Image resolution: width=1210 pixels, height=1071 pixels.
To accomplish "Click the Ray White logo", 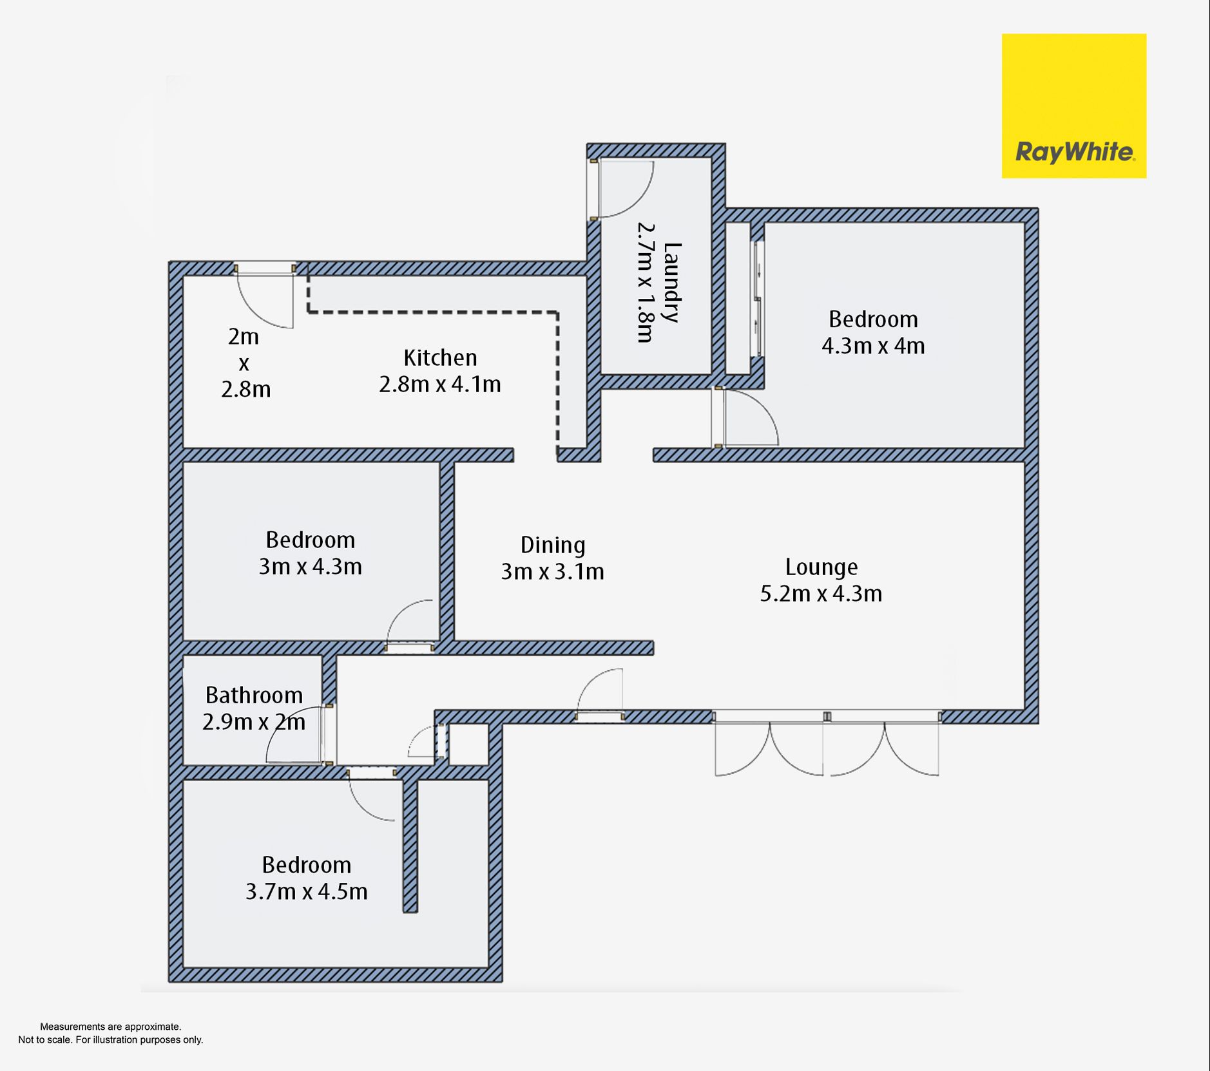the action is (x=1073, y=106).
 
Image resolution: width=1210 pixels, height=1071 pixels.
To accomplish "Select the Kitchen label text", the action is (x=440, y=357).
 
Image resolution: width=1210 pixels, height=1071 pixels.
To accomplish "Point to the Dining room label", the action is (x=553, y=545).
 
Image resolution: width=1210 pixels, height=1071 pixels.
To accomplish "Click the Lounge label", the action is (x=821, y=567).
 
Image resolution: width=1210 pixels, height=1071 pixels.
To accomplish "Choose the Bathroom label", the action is (x=254, y=695).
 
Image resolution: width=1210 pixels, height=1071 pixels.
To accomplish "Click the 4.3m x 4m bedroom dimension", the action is (x=873, y=346).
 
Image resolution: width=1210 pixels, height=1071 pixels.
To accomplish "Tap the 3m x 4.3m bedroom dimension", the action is (x=311, y=567).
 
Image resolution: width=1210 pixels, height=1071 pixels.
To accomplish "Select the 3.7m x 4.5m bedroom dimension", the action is (x=307, y=891).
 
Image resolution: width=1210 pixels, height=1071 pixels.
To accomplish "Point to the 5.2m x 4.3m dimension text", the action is (x=821, y=593).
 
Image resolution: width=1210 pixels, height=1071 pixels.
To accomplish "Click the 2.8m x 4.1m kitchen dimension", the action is (x=440, y=384).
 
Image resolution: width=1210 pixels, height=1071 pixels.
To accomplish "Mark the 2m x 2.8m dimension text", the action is (x=245, y=363).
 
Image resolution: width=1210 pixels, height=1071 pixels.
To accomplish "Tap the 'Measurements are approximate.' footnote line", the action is (x=111, y=1027).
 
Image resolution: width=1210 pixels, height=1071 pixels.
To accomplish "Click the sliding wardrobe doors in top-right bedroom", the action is (x=759, y=299).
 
